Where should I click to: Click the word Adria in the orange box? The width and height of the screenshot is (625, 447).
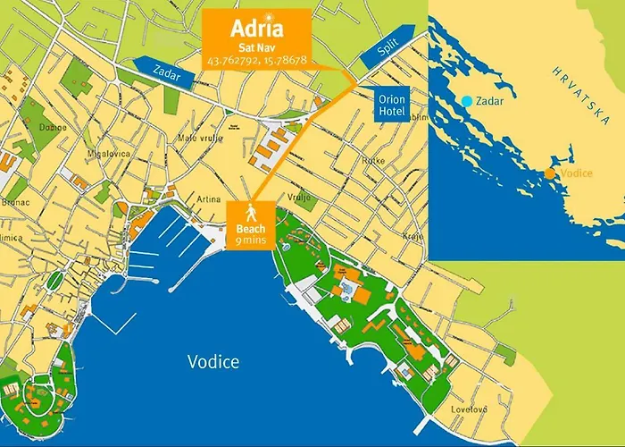257,27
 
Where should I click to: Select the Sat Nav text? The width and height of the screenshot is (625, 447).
257,46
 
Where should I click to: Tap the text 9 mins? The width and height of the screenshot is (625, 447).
252,240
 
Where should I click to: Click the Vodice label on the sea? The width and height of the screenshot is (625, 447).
213,361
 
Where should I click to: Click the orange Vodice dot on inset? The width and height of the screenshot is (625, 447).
551,173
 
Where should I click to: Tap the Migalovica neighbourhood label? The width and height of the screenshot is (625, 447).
104,153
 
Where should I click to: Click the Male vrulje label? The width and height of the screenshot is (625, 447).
221,139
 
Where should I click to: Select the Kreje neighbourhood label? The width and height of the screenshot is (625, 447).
412,236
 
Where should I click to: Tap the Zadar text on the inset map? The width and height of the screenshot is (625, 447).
490,101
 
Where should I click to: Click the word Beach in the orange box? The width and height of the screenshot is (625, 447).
252,229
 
